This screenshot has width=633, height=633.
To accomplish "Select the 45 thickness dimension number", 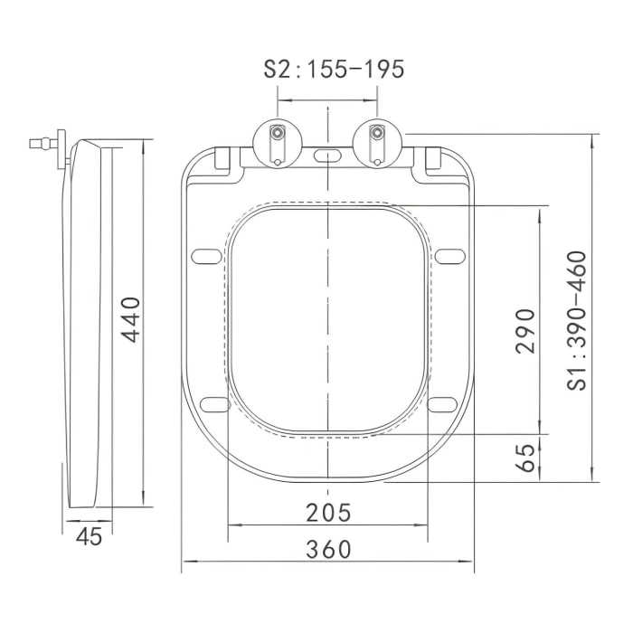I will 88,535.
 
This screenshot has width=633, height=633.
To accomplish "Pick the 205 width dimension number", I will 327,512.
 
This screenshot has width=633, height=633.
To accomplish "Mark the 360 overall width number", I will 327,549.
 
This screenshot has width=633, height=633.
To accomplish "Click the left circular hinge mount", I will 279,143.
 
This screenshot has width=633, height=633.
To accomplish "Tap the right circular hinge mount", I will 378,143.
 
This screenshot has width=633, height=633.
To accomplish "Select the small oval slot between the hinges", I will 328,156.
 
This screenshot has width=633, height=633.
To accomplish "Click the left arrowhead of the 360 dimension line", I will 185,562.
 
